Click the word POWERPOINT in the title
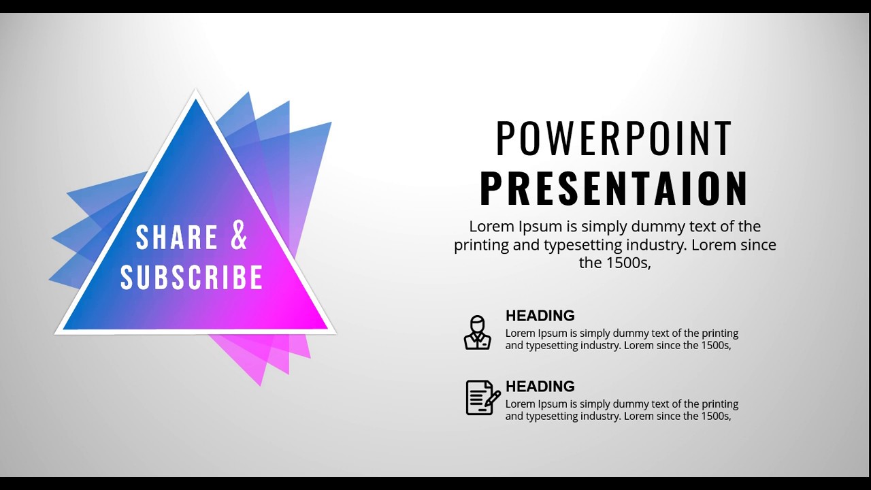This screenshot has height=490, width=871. tap(614, 138)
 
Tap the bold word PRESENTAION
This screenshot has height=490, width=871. tap(614, 189)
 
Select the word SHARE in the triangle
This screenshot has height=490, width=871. tap(176, 237)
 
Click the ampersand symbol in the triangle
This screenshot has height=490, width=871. tap(239, 235)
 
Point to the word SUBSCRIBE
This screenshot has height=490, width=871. tap(192, 278)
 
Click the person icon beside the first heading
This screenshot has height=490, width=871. tap(478, 333)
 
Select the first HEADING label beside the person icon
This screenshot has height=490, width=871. tap(540, 316)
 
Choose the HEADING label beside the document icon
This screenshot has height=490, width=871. tap(540, 387)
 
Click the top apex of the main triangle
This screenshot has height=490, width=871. tap(196, 95)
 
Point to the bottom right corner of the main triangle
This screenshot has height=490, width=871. tap(331, 331)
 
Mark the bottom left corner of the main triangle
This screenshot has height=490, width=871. tap(59, 332)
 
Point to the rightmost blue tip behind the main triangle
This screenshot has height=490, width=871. tap(331, 123)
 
